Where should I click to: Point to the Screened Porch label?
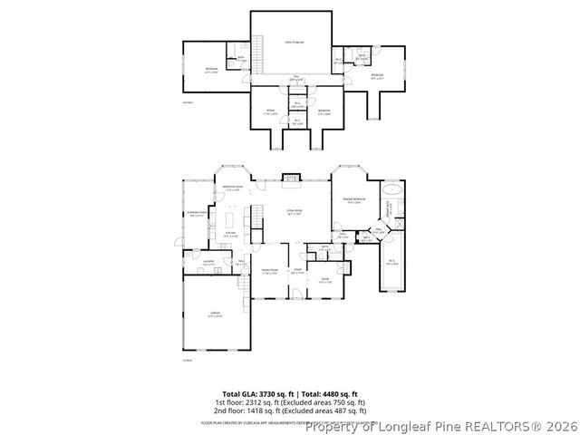click(x=198, y=214)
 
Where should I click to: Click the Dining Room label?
click(x=269, y=270)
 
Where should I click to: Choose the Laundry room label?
click(x=208, y=262)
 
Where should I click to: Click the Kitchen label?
click(x=230, y=234)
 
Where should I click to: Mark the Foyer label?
click(x=297, y=270)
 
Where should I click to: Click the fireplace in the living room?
click(x=291, y=179)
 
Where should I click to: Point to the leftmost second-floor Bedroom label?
click(x=211, y=69)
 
